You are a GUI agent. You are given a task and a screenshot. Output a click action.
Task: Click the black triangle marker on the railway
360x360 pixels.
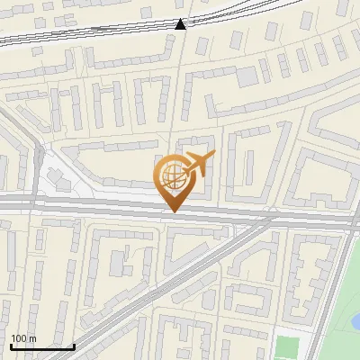181,24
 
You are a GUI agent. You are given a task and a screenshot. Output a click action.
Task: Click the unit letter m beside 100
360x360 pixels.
32,338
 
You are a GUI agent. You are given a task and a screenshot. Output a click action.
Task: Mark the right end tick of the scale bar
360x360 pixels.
74,345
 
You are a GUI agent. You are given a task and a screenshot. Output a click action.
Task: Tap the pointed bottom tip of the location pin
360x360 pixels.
173,211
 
